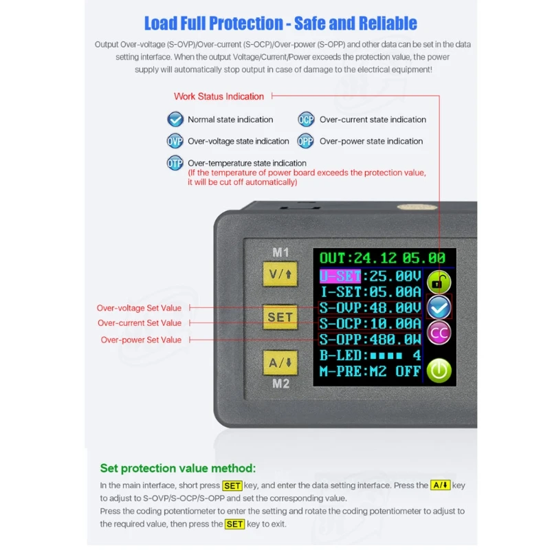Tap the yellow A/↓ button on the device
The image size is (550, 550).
point(280,363)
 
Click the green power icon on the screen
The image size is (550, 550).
point(439,371)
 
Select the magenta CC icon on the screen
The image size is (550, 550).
point(439,333)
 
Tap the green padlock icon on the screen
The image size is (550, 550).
point(438,282)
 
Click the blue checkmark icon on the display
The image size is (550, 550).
point(439,307)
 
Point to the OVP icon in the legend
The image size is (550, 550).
point(175,141)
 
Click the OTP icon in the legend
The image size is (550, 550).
point(175,163)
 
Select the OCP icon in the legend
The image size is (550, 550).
point(306,120)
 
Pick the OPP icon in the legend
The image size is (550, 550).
point(306,141)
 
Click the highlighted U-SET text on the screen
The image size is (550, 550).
point(340,276)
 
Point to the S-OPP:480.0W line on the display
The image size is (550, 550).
point(370,340)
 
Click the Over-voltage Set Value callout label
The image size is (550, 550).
point(139,308)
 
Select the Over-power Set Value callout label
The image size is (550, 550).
point(141,340)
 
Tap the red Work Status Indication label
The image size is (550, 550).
point(219,96)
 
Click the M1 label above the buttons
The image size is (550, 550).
point(280,252)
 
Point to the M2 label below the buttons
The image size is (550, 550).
point(280,384)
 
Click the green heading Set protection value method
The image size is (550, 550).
point(178,468)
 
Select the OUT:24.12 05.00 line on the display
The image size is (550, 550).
point(382,258)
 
